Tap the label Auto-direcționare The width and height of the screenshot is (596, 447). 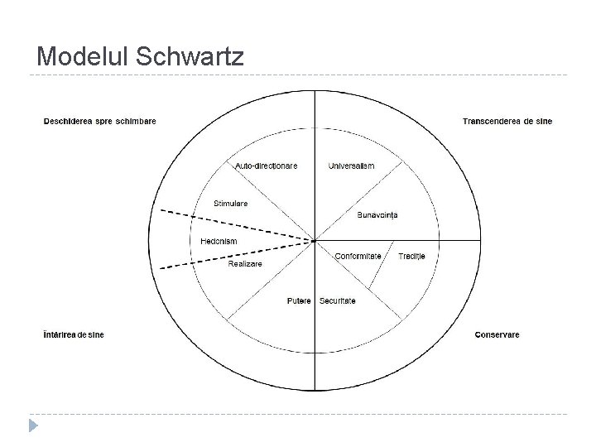pyautogui.click(x=266, y=166)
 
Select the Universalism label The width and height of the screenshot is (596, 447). pyautogui.click(x=351, y=166)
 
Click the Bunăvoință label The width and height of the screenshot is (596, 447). pyautogui.click(x=377, y=215)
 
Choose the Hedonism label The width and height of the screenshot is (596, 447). pyautogui.click(x=219, y=241)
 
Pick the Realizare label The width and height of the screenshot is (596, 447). pyautogui.click(x=245, y=263)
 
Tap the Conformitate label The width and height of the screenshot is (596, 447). pyautogui.click(x=358, y=257)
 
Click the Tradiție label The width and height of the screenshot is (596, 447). pyautogui.click(x=411, y=257)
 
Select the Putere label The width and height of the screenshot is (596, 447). pyautogui.click(x=299, y=300)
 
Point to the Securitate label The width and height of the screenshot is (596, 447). pyautogui.click(x=337, y=300)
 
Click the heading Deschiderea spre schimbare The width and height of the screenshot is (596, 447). pyautogui.click(x=99, y=121)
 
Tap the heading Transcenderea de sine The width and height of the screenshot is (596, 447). pyautogui.click(x=507, y=121)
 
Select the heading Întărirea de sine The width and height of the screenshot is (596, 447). pyautogui.click(x=74, y=334)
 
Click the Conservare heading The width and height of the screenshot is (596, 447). pyautogui.click(x=497, y=334)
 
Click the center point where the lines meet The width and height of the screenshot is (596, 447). pyautogui.click(x=315, y=241)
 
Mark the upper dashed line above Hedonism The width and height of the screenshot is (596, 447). pyautogui.click(x=240, y=223)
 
